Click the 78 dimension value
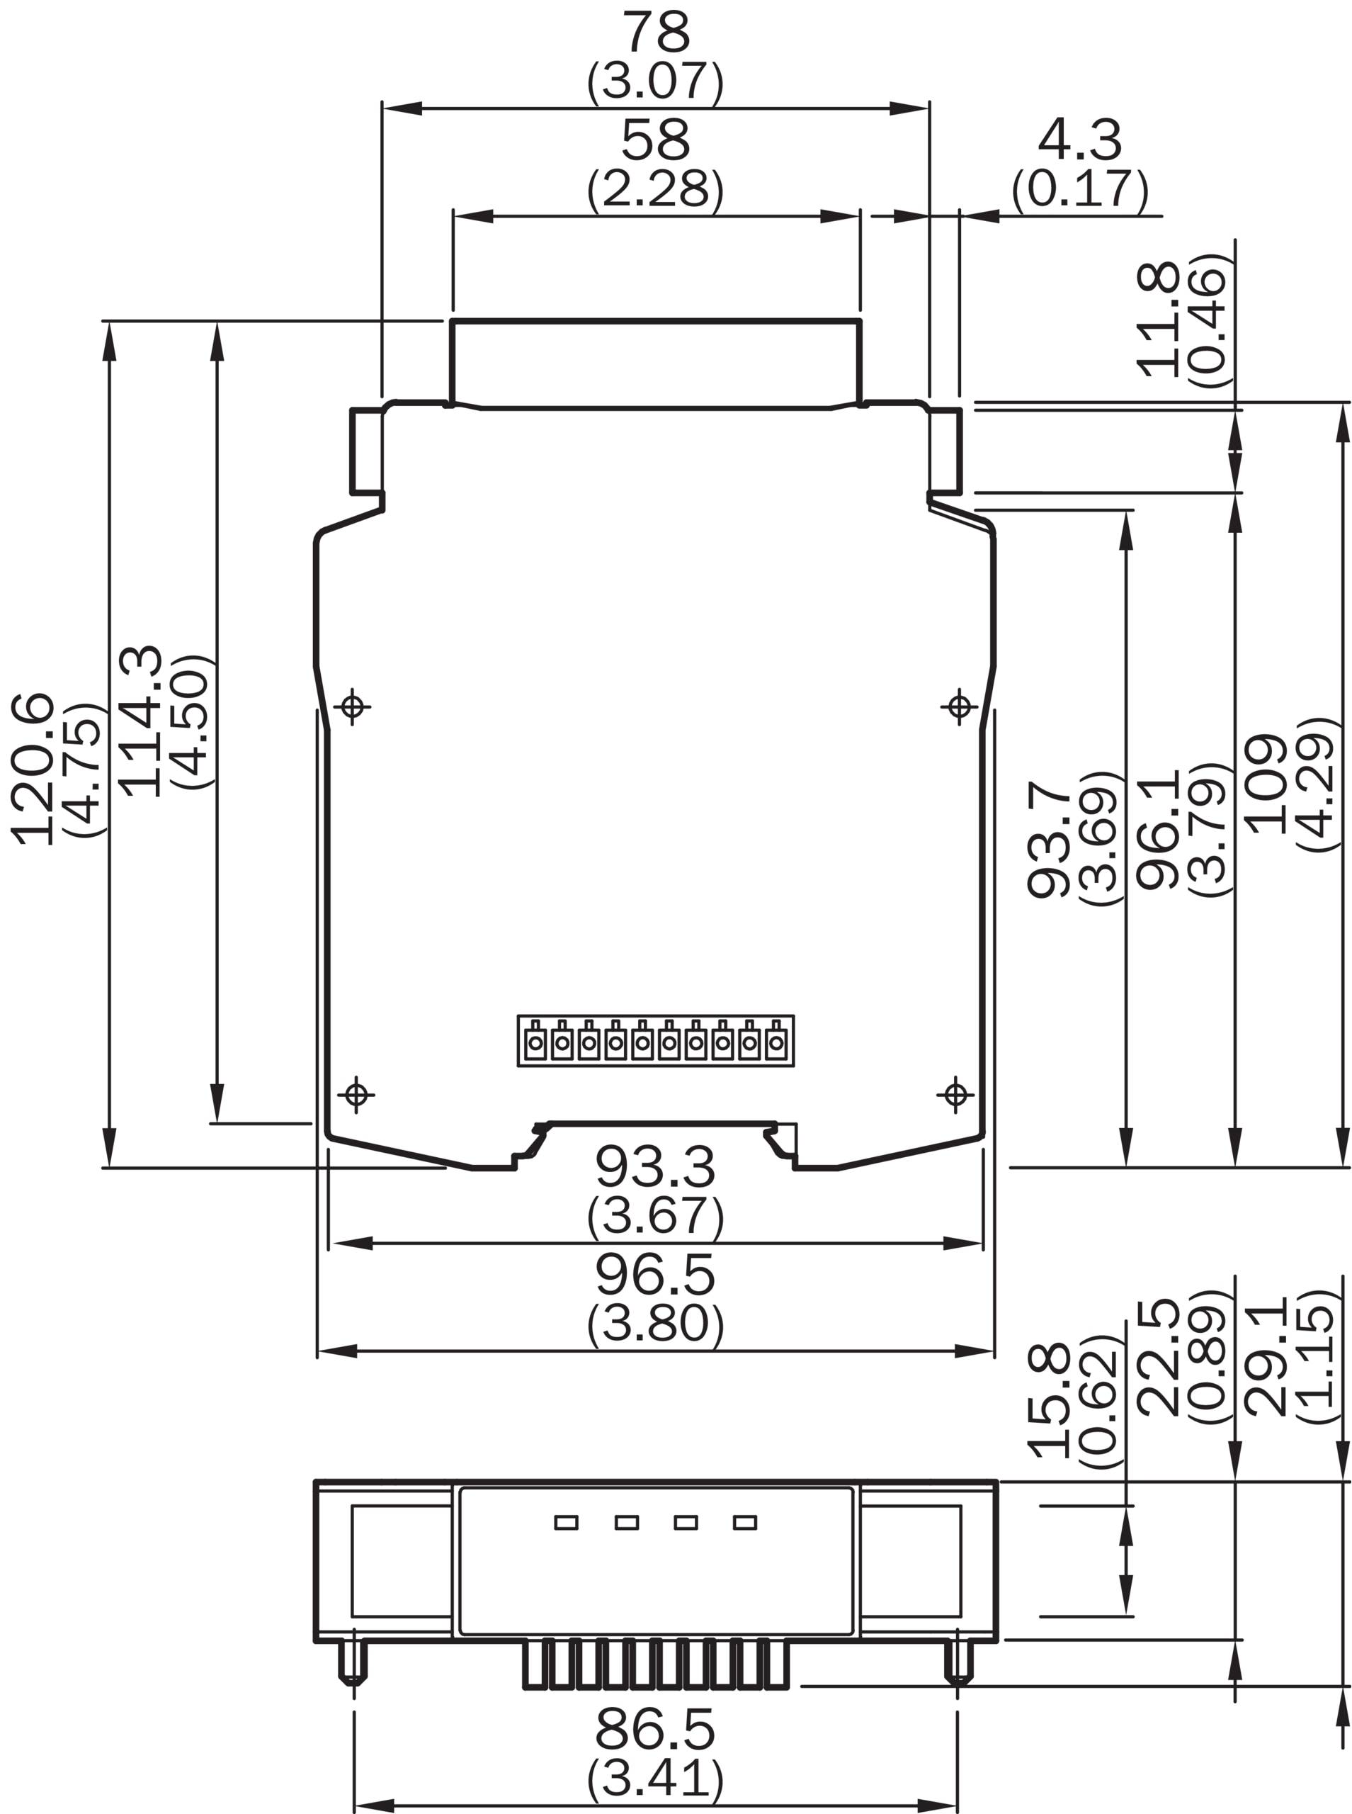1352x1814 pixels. point(657,33)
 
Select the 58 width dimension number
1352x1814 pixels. point(656,140)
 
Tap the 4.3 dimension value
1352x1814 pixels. point(1079,140)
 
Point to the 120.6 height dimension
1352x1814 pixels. point(32,770)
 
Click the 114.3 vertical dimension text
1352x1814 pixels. point(140,721)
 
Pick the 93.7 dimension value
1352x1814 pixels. point(1048,839)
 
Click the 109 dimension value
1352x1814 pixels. point(1266,784)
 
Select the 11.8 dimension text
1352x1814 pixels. point(1158,320)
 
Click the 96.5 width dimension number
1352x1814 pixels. point(656,1275)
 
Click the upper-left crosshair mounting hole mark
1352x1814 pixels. point(353,706)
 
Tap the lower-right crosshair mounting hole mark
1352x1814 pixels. point(956,1095)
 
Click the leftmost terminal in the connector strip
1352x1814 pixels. point(536,1041)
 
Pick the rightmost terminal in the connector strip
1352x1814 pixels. point(776,1041)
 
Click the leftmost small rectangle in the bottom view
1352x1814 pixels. point(567,1523)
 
